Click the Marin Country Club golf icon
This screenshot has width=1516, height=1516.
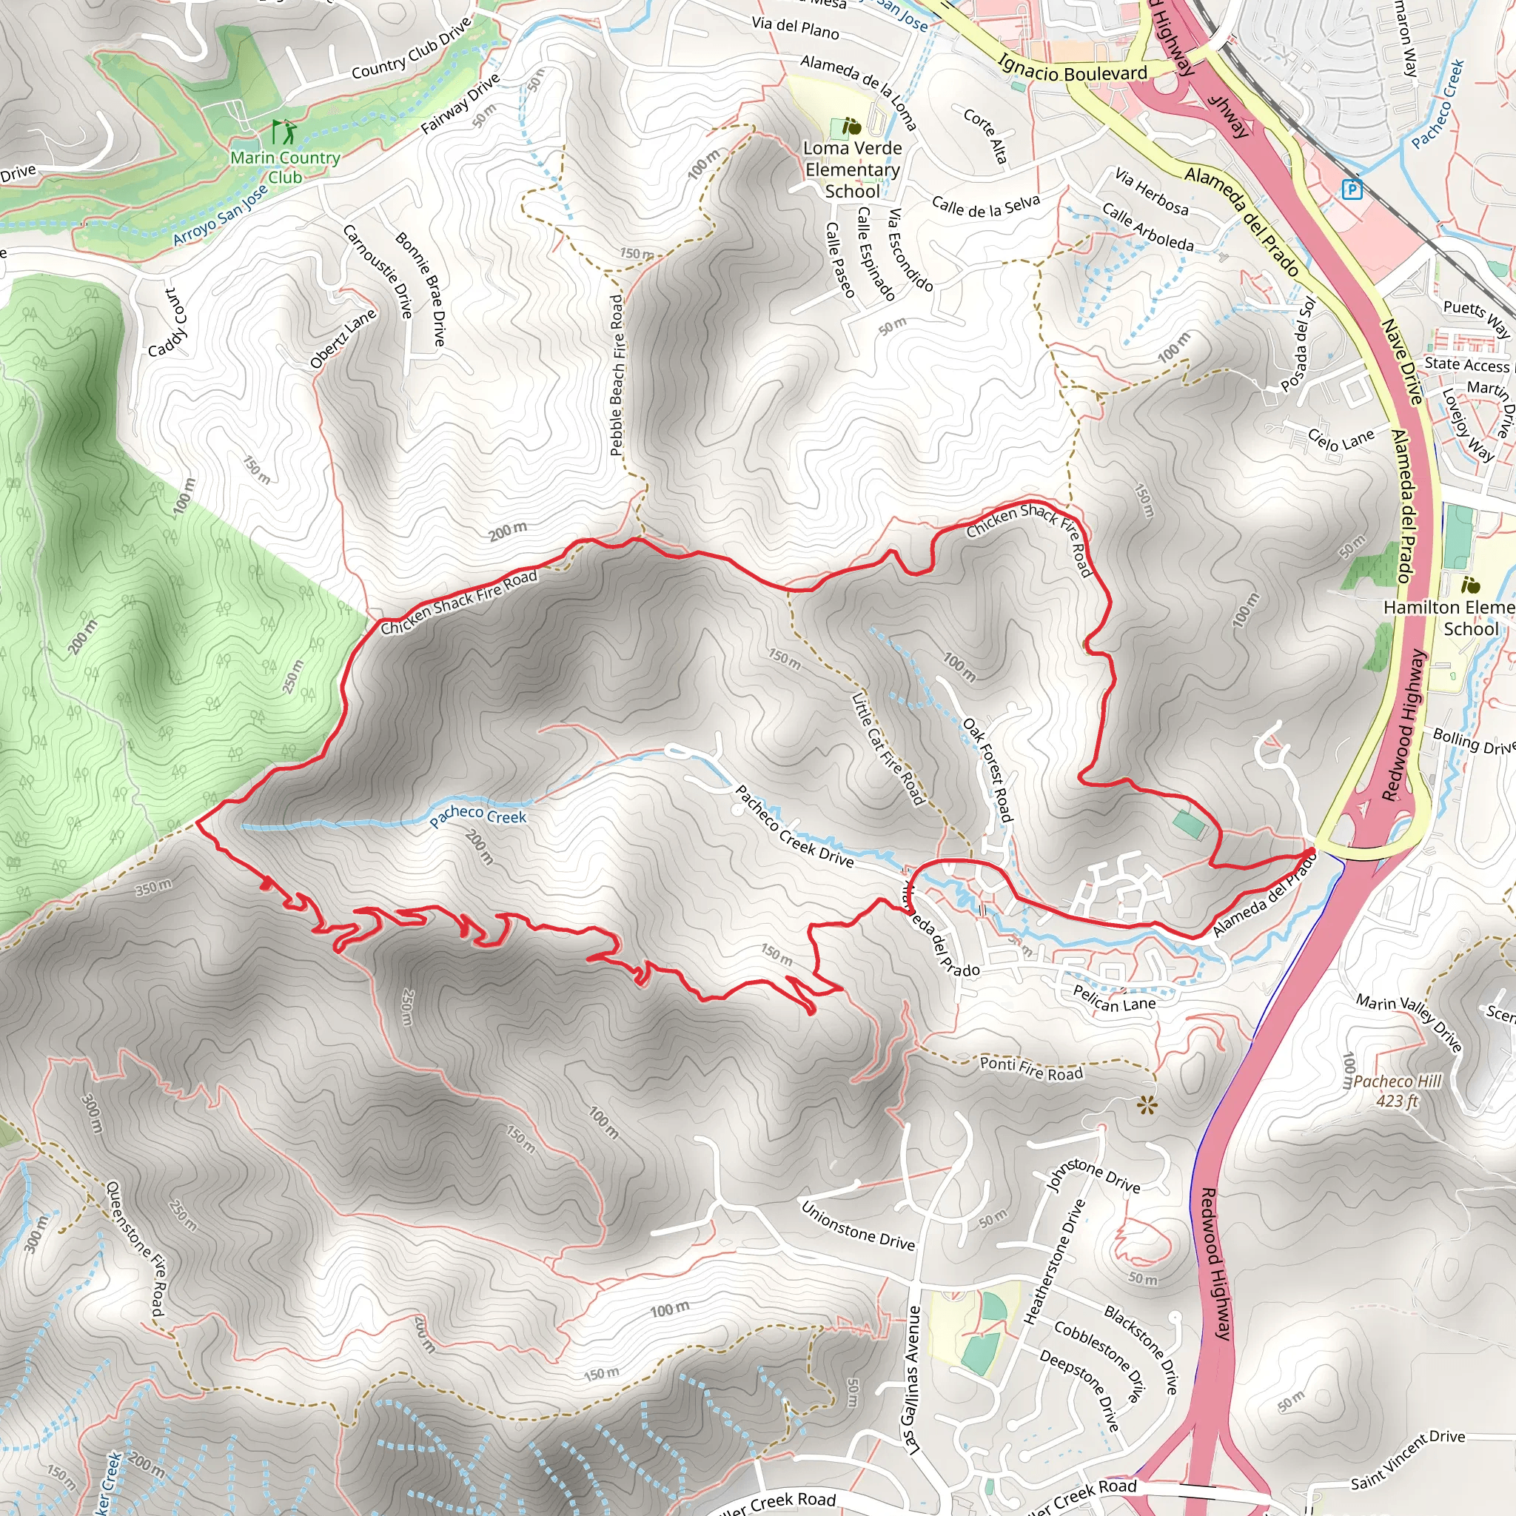coord(284,130)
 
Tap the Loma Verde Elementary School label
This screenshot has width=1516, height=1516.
coord(852,170)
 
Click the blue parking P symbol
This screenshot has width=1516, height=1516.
coord(1351,189)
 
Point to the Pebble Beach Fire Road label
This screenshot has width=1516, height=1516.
coord(617,375)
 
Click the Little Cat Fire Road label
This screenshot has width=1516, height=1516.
coord(888,748)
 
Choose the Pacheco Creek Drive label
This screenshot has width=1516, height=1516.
coord(794,826)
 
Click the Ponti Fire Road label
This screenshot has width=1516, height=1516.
coord(1031,1068)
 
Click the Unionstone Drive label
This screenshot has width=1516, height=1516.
coord(857,1225)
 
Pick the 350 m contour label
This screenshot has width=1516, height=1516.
coord(153,888)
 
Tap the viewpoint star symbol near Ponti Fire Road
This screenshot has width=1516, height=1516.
coord(1147,1107)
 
